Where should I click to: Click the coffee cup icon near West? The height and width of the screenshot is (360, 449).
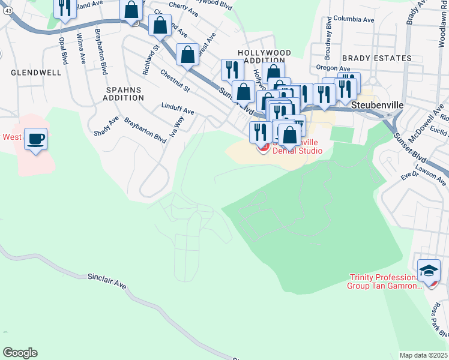36,139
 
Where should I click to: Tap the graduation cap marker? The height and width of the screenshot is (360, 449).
429,271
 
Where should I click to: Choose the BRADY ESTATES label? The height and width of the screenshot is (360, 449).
377,58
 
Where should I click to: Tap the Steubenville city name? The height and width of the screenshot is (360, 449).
376,104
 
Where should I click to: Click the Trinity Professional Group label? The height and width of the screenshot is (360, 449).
384,281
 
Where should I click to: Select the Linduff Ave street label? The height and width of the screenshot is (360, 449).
178,111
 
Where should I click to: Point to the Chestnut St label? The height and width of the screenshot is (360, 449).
175,81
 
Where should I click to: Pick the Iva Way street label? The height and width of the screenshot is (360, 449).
178,127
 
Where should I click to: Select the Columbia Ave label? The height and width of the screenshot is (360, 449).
354,19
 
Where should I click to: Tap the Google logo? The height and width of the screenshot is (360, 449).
20,353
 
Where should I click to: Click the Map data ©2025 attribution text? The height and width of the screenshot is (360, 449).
423,355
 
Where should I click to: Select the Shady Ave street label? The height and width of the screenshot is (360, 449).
106,125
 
